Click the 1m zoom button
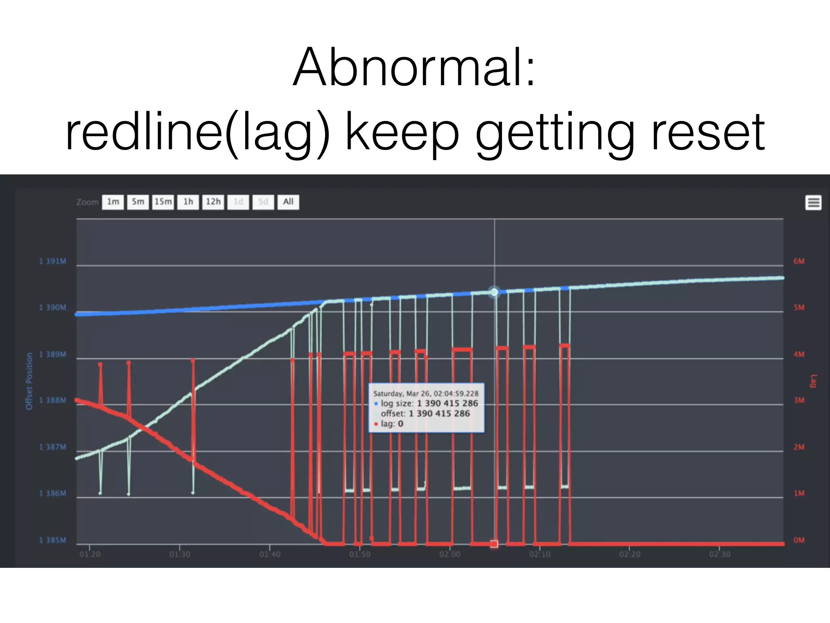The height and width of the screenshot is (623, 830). [113, 202]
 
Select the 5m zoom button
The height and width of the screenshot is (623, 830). [138, 202]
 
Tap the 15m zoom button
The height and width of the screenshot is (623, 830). [163, 202]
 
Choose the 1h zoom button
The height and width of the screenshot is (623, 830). [188, 202]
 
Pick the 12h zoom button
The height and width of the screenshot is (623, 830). [213, 202]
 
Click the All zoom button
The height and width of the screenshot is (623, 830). [288, 202]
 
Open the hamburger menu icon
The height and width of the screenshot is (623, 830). [813, 202]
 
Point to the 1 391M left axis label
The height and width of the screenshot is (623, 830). [53, 261]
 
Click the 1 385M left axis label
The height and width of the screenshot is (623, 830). [53, 540]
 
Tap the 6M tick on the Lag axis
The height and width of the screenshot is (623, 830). [799, 261]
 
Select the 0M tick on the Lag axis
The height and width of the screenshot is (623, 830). [799, 540]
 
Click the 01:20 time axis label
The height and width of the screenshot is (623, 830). [90, 554]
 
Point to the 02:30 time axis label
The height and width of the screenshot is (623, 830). [720, 554]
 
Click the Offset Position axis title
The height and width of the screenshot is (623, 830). [29, 381]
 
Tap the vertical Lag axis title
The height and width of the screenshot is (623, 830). [813, 381]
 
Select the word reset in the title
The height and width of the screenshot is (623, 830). [708, 132]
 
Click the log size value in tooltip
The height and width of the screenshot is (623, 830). [447, 404]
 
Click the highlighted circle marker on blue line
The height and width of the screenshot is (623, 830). [494, 292]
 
